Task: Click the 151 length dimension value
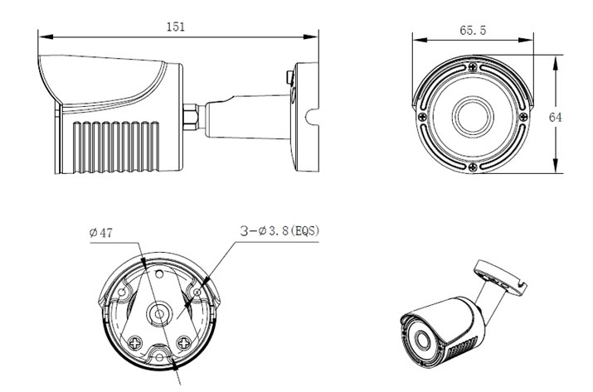click(x=176, y=26)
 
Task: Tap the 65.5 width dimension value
click(x=472, y=31)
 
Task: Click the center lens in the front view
click(x=471, y=116)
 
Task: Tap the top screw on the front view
click(x=471, y=67)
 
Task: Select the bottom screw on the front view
click(x=471, y=166)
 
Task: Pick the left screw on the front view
click(x=422, y=117)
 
